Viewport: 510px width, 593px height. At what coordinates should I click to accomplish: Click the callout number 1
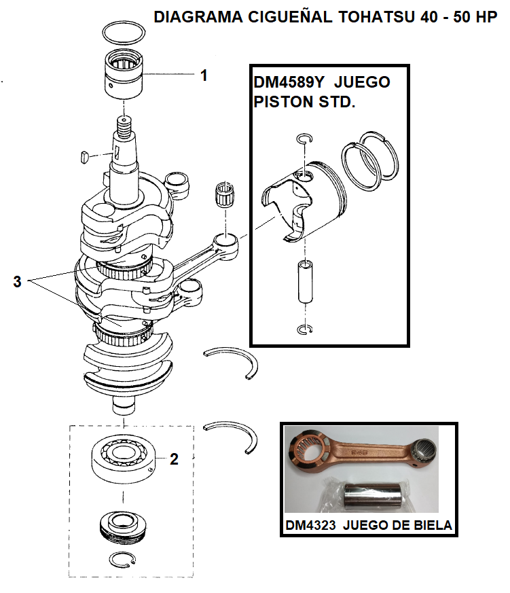pos(203,75)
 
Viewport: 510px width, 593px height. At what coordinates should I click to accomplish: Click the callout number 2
pos(174,460)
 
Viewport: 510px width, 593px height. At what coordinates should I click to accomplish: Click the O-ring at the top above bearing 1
pos(125,32)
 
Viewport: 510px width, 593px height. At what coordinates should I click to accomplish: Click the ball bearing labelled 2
pos(126,458)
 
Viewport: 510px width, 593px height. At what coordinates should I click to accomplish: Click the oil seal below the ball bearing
pos(124,526)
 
